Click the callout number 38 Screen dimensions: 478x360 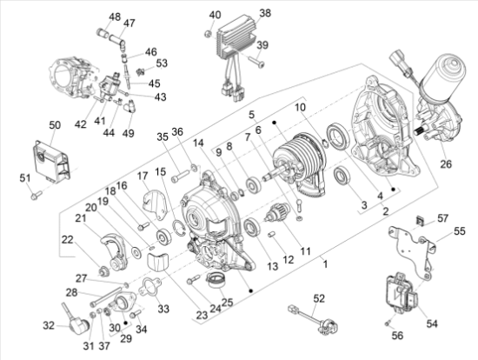(265, 13)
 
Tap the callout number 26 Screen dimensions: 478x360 (446, 163)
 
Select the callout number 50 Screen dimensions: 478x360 (55, 125)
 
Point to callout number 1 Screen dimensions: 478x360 (326, 263)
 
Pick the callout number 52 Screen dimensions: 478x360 (319, 298)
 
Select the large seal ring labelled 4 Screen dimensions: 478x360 (338, 136)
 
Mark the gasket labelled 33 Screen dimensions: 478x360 (150, 287)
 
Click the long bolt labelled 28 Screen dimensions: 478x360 (106, 297)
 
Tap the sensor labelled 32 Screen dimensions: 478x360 (76, 321)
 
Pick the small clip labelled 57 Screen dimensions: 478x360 (421, 221)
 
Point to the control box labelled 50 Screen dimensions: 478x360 (51, 162)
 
